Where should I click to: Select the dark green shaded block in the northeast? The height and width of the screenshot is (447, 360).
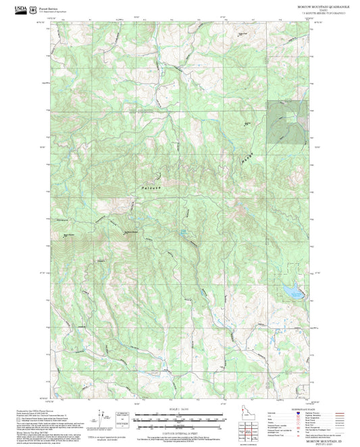(x=287, y=123)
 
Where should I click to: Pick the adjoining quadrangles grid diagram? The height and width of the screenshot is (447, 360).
(x=247, y=430)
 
